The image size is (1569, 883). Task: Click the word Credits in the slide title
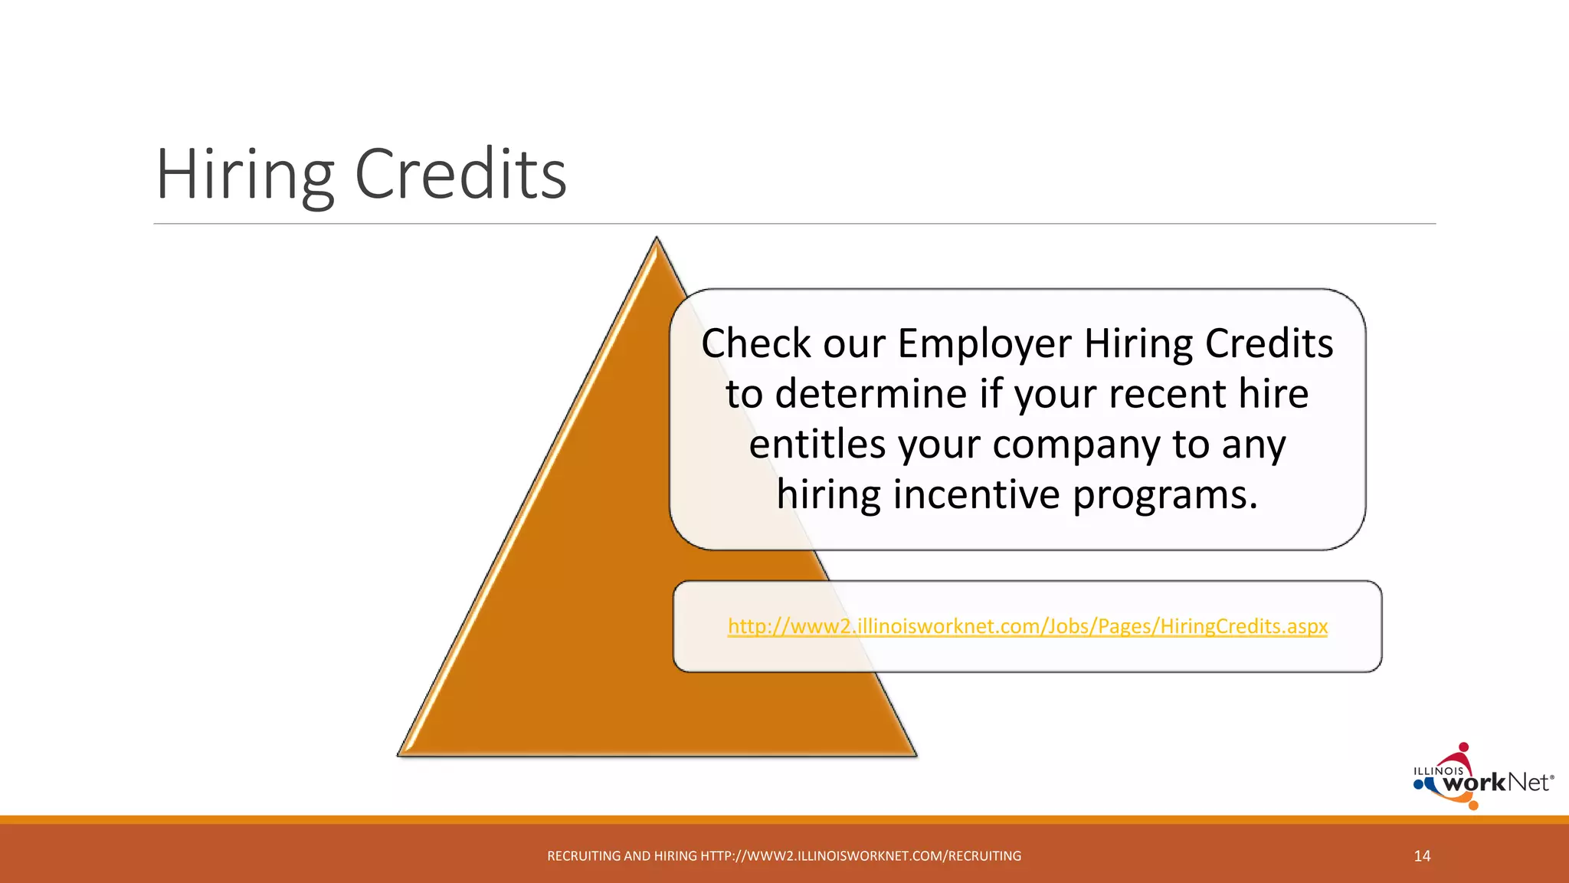coord(460,175)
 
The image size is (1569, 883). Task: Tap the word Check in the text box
coord(755,343)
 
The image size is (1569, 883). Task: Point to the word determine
coord(871,394)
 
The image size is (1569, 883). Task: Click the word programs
coord(1164,494)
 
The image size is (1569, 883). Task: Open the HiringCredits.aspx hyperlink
coord(1027,626)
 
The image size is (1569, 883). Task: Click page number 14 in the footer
coord(1422,856)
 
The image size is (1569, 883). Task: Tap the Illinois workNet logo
coord(1482,779)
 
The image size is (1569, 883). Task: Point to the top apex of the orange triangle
coord(657,239)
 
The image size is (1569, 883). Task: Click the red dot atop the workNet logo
coord(1463,747)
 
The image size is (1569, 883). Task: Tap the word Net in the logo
coord(1528,783)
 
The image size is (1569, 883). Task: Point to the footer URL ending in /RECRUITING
coord(860,856)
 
